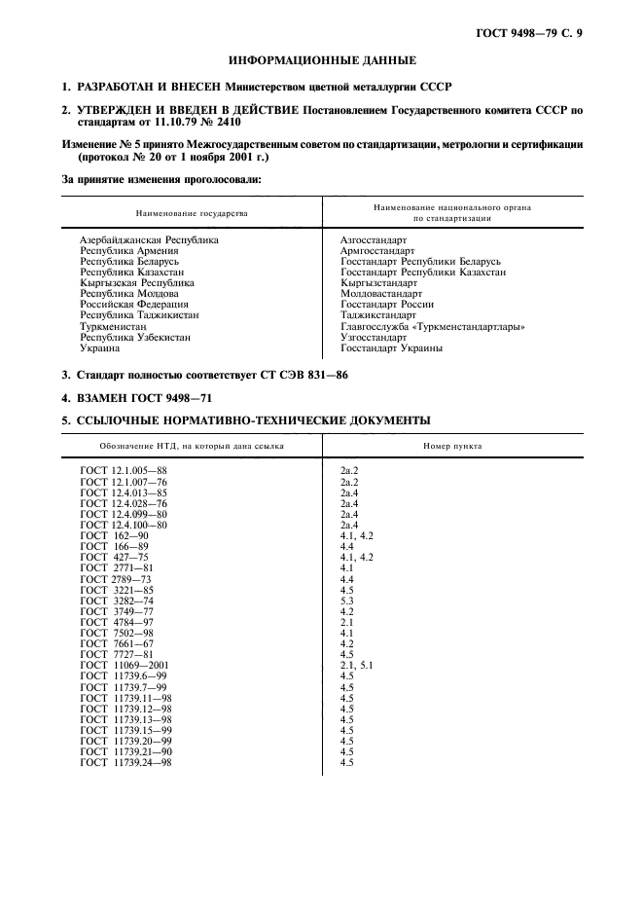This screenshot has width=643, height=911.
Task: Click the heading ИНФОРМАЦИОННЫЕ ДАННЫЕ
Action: (322, 60)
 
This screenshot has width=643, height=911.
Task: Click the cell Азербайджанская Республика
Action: (149, 239)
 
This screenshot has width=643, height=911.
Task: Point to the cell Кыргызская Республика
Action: (136, 283)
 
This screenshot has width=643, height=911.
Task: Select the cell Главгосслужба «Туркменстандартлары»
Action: (433, 327)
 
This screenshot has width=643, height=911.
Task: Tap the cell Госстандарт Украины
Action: (391, 348)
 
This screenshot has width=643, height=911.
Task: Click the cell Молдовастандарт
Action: (381, 294)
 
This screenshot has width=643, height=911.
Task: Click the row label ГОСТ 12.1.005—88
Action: (125, 471)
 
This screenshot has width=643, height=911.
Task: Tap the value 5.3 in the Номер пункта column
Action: (347, 601)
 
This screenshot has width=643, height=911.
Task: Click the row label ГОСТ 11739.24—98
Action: (125, 762)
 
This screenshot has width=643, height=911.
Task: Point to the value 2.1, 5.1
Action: (356, 665)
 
